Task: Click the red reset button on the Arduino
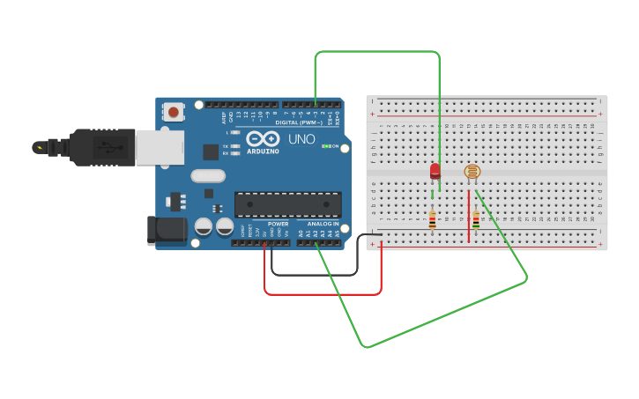click(x=174, y=111)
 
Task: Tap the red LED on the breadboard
click(x=435, y=171)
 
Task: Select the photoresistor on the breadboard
click(x=472, y=173)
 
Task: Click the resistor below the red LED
click(x=432, y=219)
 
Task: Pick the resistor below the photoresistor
click(x=476, y=219)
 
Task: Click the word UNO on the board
click(x=302, y=139)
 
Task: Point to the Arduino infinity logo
click(x=263, y=138)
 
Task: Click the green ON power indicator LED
click(x=326, y=146)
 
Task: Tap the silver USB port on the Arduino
click(x=160, y=147)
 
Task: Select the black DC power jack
click(x=167, y=230)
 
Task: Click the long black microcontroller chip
click(x=287, y=204)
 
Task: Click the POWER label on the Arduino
click(x=278, y=224)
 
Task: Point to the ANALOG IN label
click(x=323, y=224)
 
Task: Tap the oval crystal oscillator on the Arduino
click(x=208, y=175)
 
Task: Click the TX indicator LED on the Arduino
click(x=235, y=145)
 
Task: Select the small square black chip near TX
click(x=211, y=151)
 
